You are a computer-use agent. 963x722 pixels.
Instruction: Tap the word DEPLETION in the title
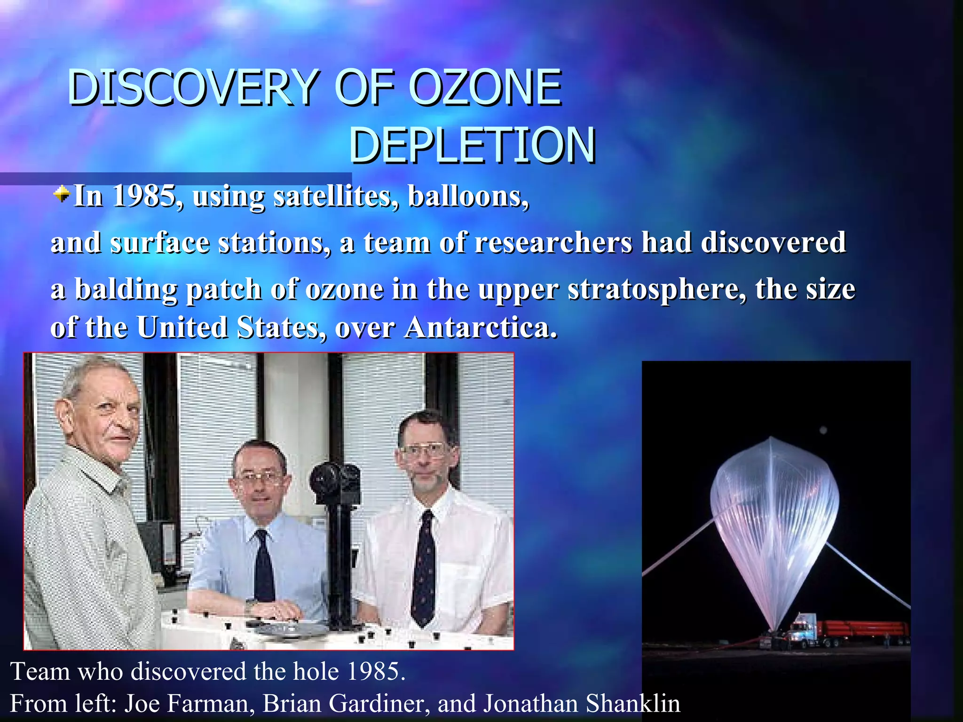[472, 145]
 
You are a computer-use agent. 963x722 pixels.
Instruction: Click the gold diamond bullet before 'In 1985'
[61, 193]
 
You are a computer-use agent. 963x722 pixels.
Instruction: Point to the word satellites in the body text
[336, 196]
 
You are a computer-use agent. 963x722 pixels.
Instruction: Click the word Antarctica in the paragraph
[481, 327]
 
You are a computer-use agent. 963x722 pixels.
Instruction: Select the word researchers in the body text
[553, 243]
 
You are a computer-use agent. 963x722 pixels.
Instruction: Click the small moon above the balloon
[823, 430]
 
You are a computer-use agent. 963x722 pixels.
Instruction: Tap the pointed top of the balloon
[771, 439]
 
